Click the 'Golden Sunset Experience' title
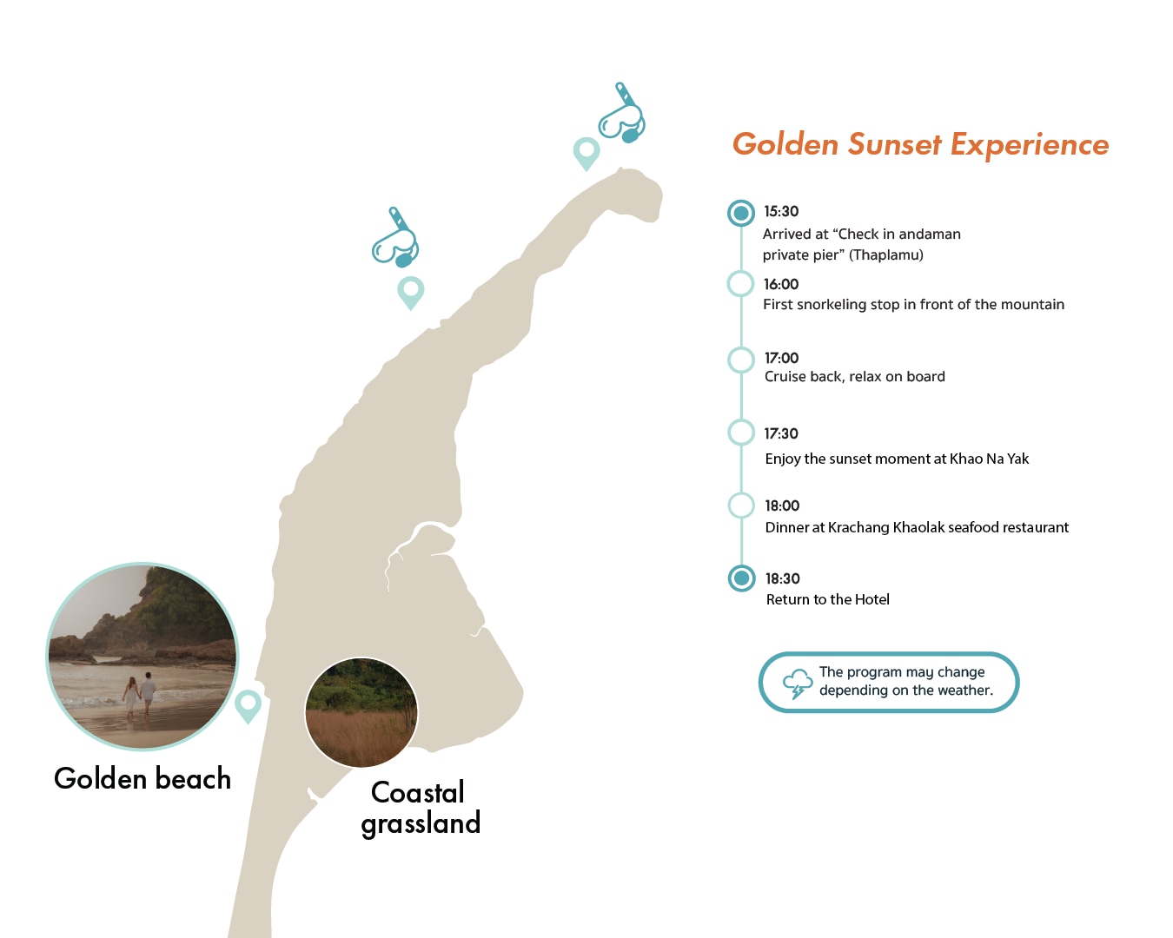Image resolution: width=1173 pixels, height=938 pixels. click(920, 144)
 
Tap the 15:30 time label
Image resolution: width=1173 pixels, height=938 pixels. click(780, 211)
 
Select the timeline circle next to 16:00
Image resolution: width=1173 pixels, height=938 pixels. click(741, 283)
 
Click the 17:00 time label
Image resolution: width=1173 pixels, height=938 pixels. click(781, 358)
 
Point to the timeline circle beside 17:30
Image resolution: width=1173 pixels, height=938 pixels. click(741, 433)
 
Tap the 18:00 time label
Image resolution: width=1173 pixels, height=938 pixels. click(782, 505)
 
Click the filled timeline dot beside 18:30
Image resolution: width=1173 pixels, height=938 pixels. click(741, 578)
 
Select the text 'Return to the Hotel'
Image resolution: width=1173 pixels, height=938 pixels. click(827, 599)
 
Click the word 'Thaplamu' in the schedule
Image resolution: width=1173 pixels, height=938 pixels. click(885, 255)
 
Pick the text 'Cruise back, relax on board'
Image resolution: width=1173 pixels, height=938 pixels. click(854, 377)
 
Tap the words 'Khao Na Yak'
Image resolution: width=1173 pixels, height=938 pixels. click(989, 459)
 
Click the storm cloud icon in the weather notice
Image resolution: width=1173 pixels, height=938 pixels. click(798, 684)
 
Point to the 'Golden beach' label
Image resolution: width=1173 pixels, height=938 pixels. click(142, 778)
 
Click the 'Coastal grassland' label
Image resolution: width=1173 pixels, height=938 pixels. click(421, 809)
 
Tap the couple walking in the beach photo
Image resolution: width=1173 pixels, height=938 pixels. click(140, 696)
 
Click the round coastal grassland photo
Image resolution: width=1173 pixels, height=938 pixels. click(361, 712)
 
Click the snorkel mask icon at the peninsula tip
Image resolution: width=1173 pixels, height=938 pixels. click(622, 114)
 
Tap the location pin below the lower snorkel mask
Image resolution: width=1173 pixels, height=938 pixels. click(411, 293)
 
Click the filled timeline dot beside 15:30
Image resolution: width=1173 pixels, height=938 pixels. click(741, 213)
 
